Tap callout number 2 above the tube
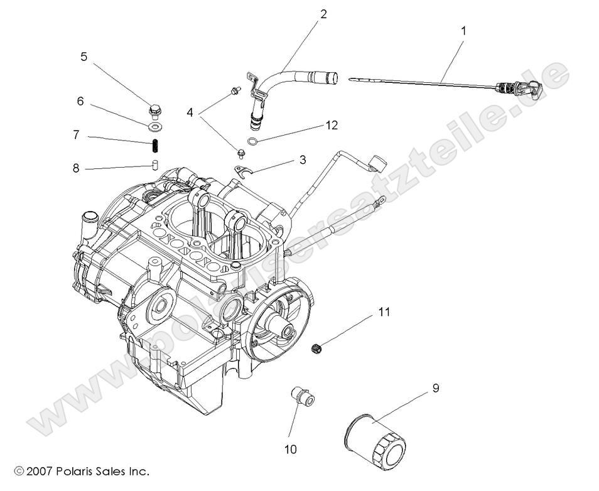pyautogui.click(x=323, y=14)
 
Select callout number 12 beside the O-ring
pyautogui.click(x=332, y=125)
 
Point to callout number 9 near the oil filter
pyautogui.click(x=435, y=387)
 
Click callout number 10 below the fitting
pyautogui.click(x=291, y=449)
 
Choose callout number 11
pyautogui.click(x=384, y=311)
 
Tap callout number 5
pyautogui.click(x=84, y=57)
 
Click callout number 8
pyautogui.click(x=76, y=168)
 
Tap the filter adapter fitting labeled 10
pyautogui.click(x=301, y=397)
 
